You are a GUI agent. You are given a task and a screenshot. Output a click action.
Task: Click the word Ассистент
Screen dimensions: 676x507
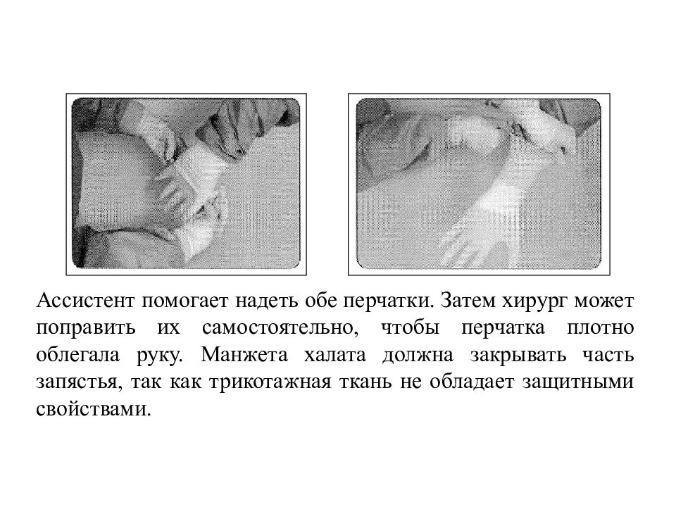[x=85, y=301]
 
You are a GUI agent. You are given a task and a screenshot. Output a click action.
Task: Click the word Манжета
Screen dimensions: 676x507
[x=244, y=355]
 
